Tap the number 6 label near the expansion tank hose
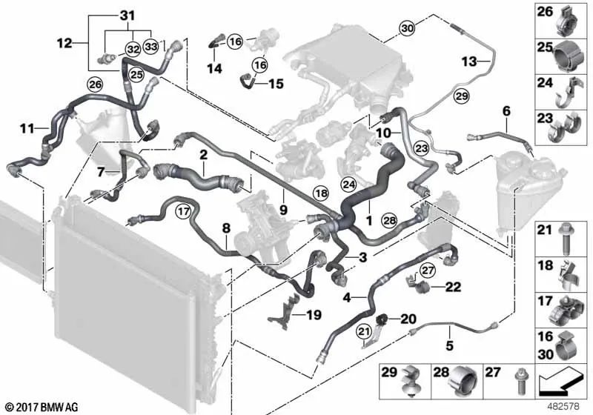click(506, 111)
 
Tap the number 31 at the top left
click(127, 16)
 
